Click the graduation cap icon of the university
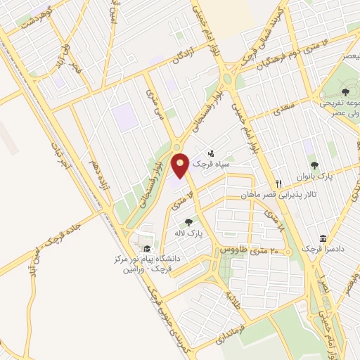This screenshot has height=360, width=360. (146, 249)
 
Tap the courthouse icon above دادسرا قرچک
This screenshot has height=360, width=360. (323, 239)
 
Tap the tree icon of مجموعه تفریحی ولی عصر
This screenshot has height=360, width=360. (345, 91)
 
